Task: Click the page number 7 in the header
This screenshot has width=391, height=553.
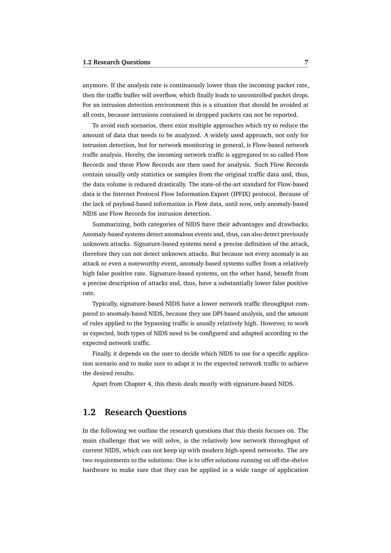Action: pos(306,62)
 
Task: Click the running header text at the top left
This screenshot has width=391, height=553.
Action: pos(117,62)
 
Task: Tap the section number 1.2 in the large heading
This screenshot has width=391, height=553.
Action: pos(89,412)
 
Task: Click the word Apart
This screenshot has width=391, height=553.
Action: pos(100,384)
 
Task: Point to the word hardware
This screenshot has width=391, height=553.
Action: pos(95,470)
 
